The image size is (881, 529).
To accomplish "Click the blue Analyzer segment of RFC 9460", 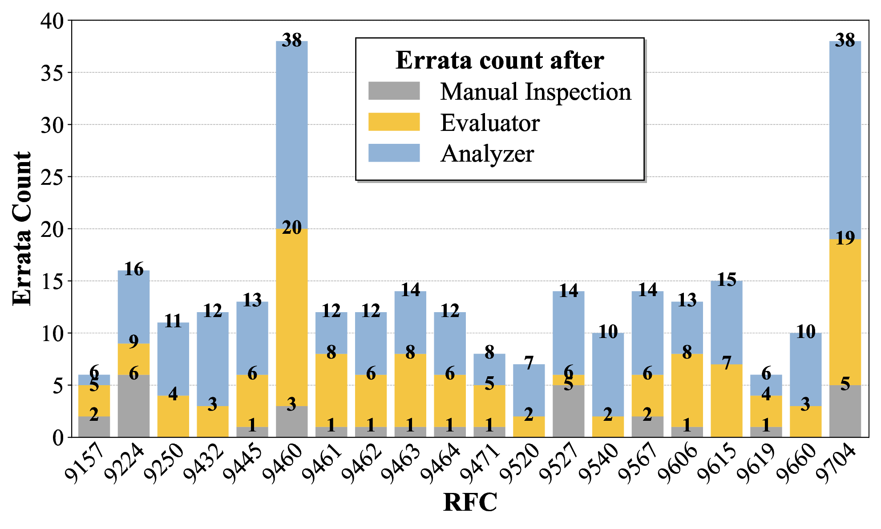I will coord(291,134).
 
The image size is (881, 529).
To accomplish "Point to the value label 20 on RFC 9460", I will coord(292,228).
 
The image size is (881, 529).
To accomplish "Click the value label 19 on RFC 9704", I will coord(845,239).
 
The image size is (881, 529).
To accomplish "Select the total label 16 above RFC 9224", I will coord(133,269).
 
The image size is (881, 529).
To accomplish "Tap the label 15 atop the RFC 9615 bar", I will coord(727,280).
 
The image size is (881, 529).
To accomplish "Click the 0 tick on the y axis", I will coord(58,438).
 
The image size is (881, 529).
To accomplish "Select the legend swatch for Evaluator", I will coord(394,122).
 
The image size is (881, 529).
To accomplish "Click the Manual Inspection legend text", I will coord(535,92).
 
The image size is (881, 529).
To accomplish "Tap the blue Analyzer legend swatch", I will coord(394,153).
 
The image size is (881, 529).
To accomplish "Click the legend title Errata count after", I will coord(499,60).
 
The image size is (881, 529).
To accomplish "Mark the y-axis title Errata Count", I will coord(22,229).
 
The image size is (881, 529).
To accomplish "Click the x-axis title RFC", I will coord(470,502).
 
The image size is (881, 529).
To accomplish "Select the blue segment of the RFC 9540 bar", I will coord(608,378).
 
